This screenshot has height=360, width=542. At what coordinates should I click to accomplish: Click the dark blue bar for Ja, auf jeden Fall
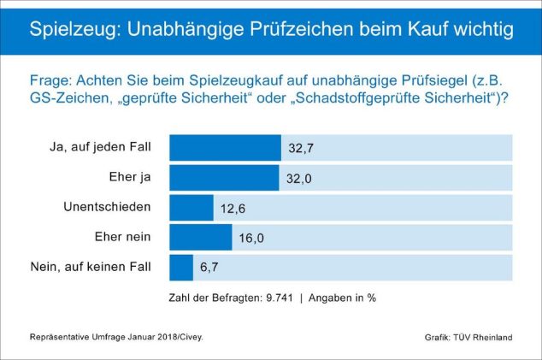(225, 148)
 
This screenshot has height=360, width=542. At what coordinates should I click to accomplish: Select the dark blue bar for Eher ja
(224, 178)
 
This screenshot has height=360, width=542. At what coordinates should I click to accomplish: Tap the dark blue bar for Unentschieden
(191, 208)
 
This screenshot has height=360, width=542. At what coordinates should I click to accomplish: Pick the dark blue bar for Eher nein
(201, 238)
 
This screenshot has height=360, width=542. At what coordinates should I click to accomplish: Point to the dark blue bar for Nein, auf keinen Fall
(181, 268)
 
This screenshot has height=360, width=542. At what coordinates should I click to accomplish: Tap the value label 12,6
(232, 208)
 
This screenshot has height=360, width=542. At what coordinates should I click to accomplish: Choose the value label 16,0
(250, 238)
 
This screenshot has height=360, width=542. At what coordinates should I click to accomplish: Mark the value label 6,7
(210, 268)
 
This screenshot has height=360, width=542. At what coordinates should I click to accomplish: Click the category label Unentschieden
(107, 207)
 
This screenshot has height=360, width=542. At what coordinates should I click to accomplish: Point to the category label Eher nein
(122, 237)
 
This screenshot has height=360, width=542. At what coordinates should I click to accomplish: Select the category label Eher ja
(131, 177)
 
